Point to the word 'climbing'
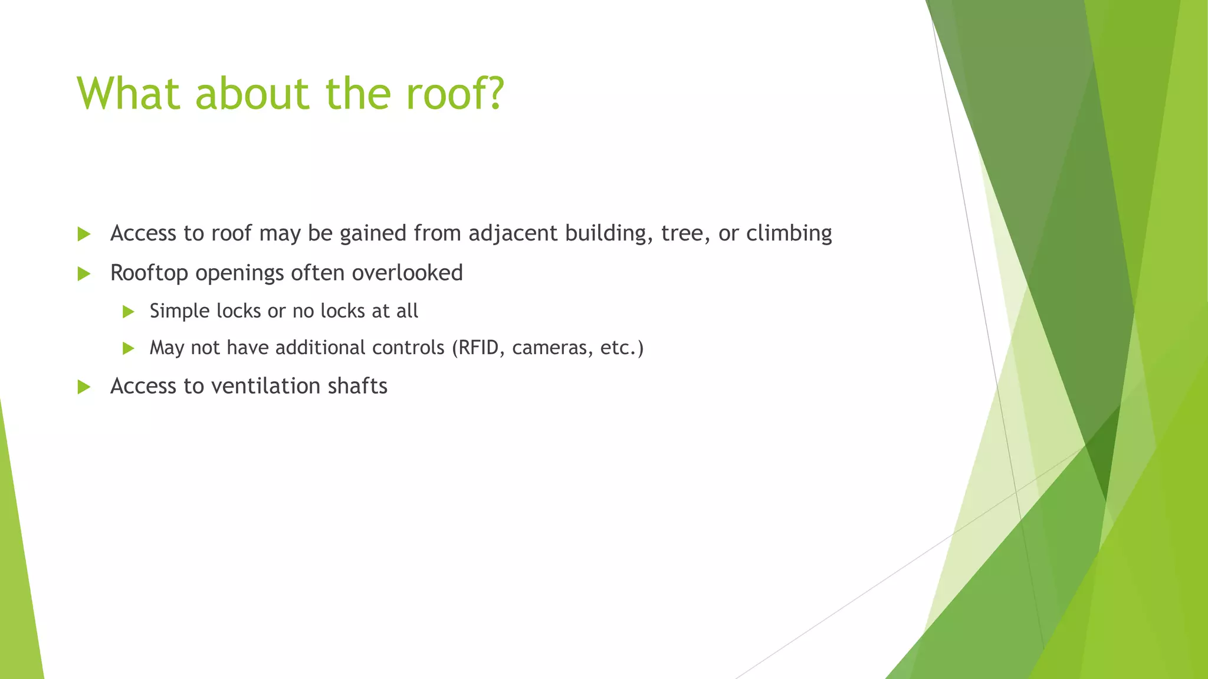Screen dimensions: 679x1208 (789, 233)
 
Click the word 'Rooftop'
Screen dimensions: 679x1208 (149, 273)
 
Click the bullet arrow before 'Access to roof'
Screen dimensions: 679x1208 (84, 235)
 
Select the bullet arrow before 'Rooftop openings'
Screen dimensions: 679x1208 (84, 274)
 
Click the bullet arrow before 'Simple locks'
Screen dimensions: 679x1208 (129, 312)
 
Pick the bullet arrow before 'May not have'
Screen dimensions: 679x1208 (129, 349)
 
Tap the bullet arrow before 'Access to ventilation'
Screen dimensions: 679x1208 (84, 387)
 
